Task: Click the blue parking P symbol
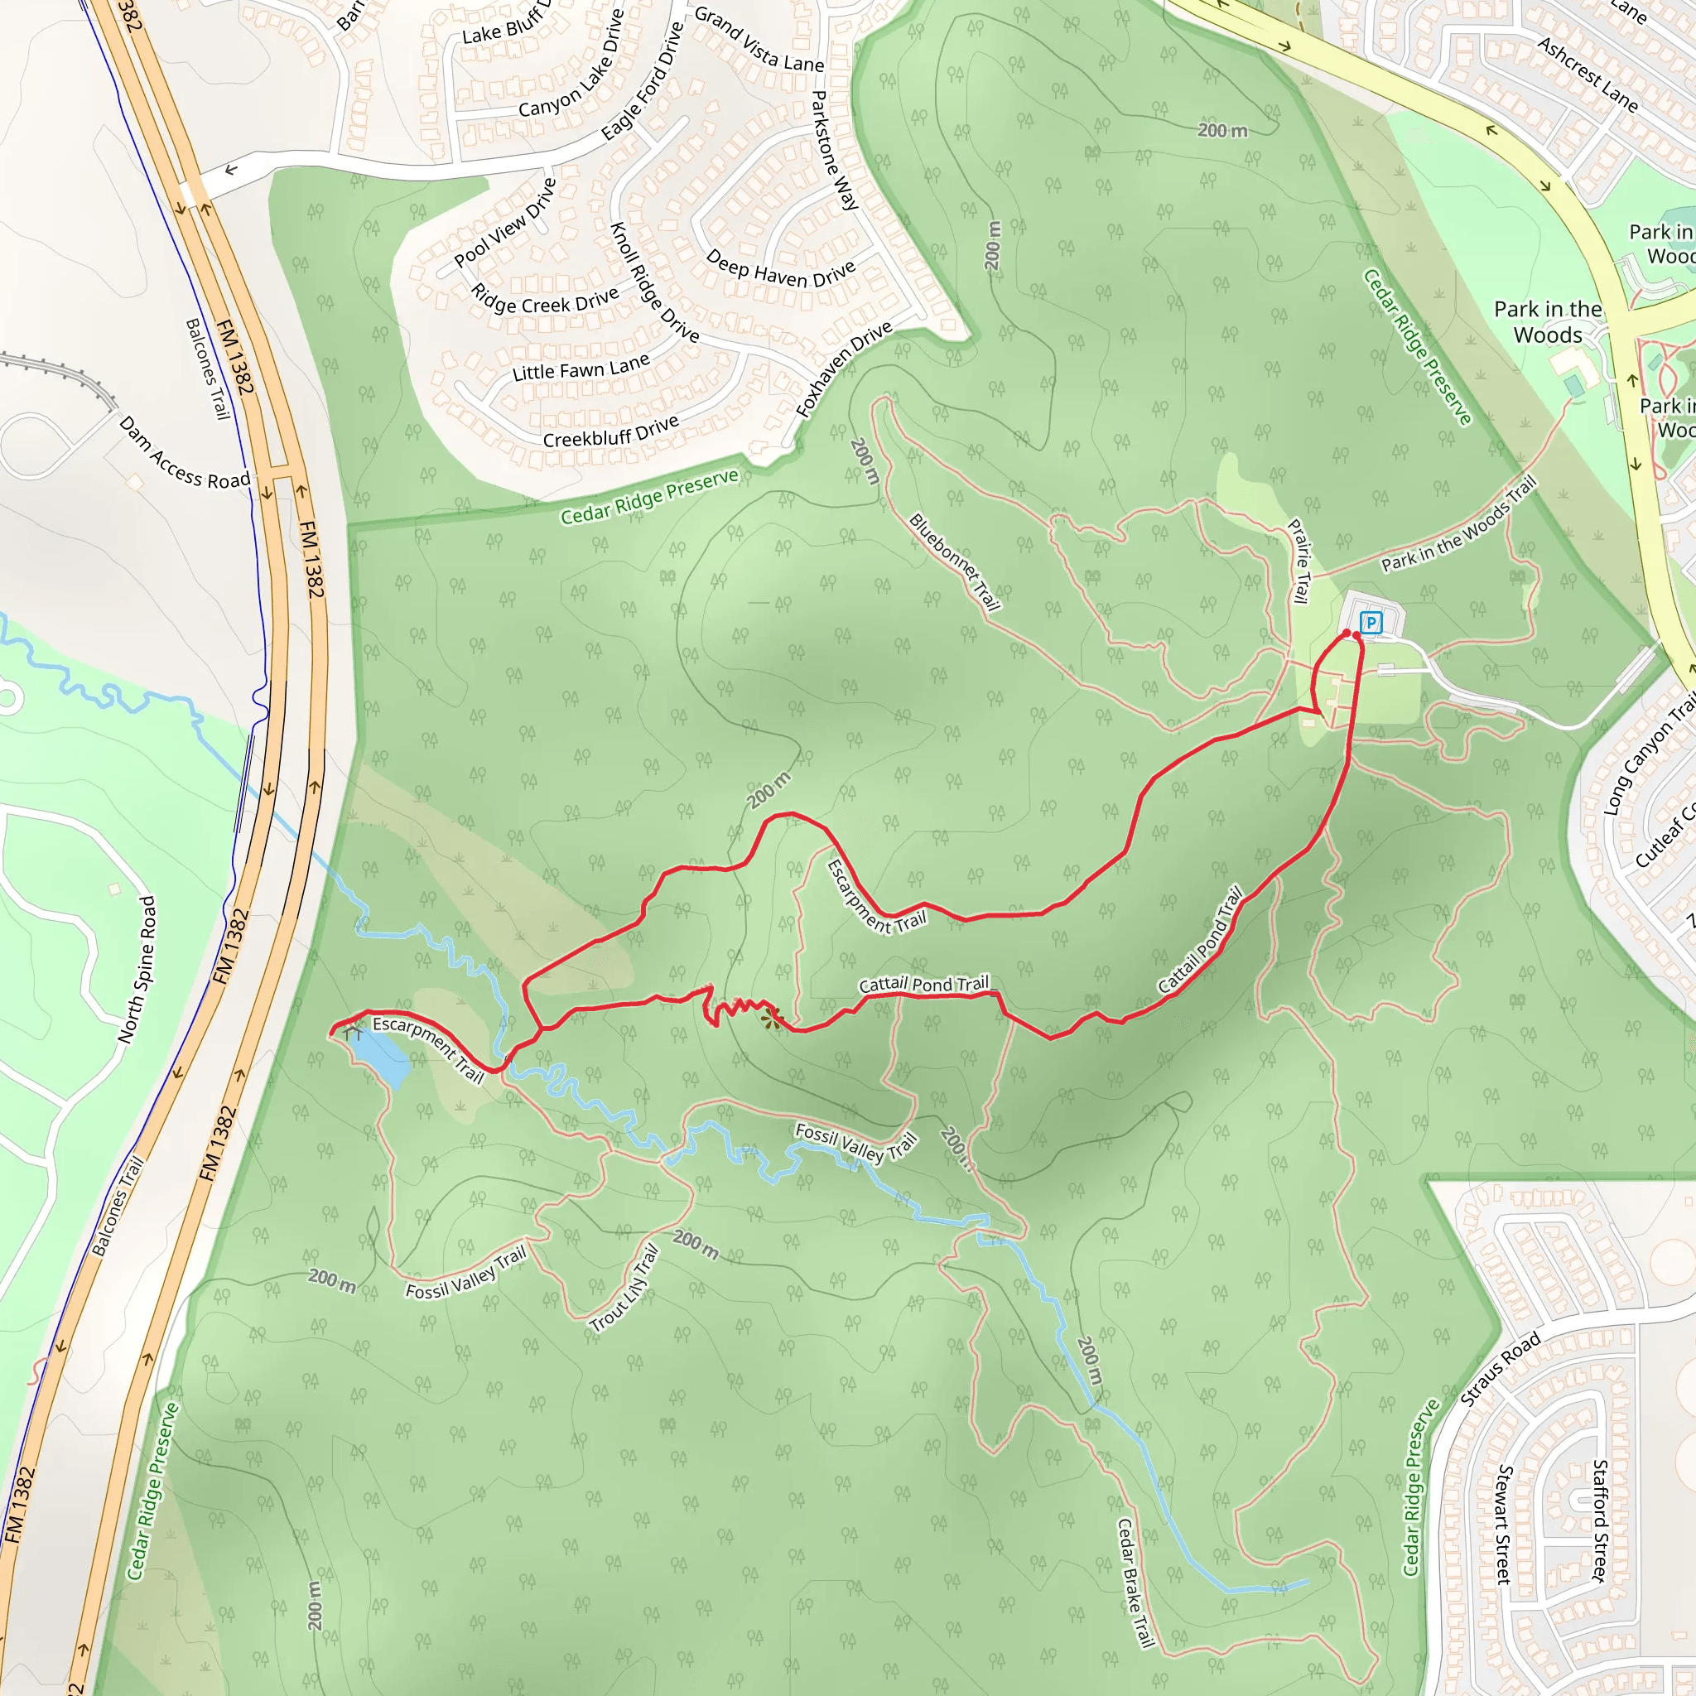click(1371, 624)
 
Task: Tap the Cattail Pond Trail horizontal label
click(923, 984)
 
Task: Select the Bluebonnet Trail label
click(954, 561)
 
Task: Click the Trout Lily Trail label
click(624, 1289)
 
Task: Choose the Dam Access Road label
click(185, 453)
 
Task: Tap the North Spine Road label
click(137, 969)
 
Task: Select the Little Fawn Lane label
click(581, 367)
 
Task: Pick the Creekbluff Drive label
click(611, 431)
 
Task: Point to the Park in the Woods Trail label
click(1459, 524)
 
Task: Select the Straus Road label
click(1501, 1369)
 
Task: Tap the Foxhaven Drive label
click(844, 369)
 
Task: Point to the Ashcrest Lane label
click(1588, 75)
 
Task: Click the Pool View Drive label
click(506, 223)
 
